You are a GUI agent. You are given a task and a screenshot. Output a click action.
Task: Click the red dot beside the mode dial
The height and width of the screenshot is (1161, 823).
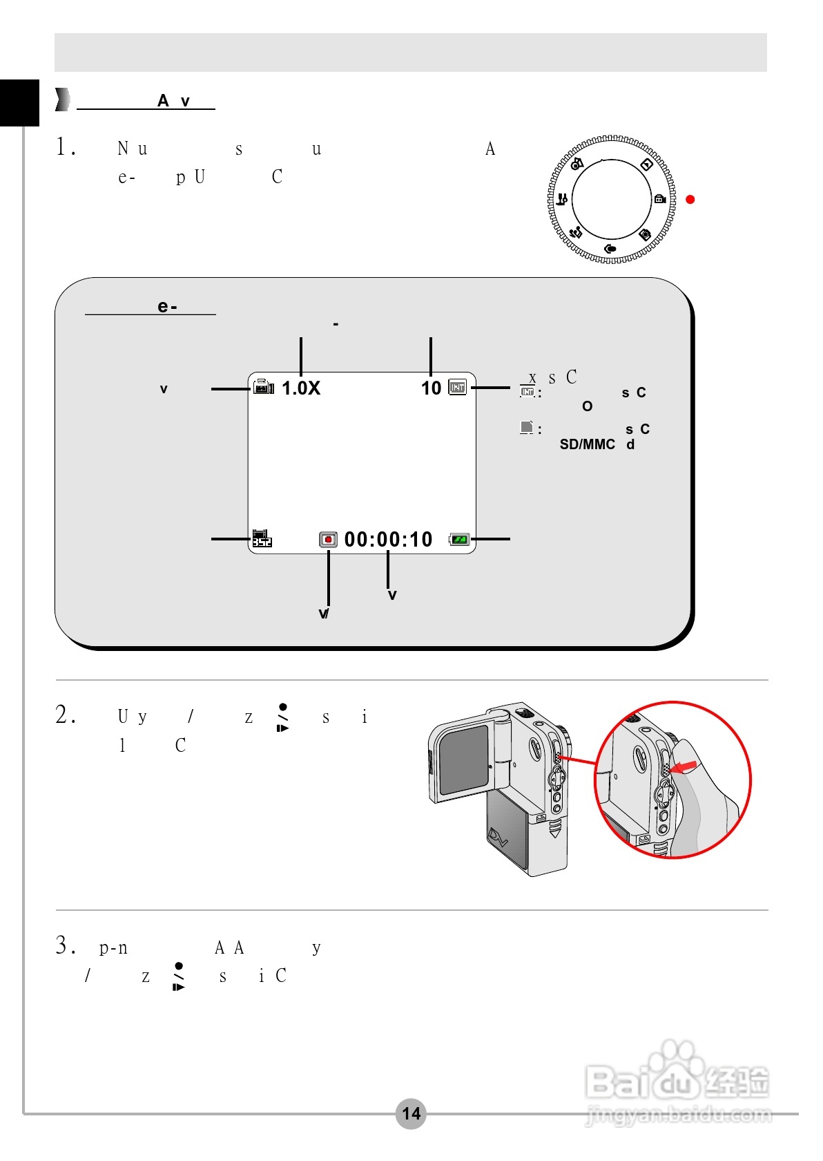[690, 200]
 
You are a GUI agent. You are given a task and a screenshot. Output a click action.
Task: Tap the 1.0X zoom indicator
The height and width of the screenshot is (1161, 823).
[301, 388]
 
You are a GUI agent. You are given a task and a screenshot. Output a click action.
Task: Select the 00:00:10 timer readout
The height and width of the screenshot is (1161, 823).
[388, 540]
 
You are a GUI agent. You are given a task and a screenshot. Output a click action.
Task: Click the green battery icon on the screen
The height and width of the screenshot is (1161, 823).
[459, 540]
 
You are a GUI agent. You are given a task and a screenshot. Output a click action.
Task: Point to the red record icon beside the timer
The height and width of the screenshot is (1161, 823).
[328, 540]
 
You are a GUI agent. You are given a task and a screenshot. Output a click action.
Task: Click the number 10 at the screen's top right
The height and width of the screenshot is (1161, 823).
[431, 388]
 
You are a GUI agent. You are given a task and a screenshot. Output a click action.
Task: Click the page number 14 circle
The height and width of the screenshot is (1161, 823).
[411, 1113]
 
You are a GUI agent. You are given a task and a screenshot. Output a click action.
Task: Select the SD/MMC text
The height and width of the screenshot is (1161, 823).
[587, 444]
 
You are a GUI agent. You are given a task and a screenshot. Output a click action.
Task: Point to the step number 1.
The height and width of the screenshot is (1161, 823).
[65, 147]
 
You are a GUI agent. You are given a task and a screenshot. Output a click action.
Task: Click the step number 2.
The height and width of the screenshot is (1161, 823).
[65, 715]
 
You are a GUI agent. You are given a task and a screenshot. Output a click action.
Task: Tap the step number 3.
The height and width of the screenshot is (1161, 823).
[65, 945]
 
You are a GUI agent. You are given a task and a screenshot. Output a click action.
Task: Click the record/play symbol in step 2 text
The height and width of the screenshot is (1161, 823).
[282, 717]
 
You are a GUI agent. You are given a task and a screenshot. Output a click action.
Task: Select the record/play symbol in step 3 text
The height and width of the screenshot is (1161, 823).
[179, 976]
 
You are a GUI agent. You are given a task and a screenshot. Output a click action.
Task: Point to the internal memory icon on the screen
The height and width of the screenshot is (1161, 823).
[458, 387]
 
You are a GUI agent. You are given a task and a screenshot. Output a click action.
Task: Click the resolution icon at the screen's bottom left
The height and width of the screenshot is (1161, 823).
[262, 538]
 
